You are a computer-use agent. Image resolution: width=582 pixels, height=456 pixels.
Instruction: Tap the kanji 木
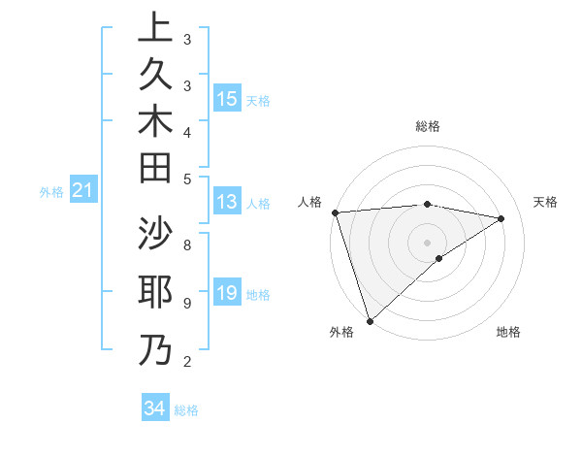[x=155, y=121]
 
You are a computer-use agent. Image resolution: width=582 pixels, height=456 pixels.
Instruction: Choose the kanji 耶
[x=155, y=292]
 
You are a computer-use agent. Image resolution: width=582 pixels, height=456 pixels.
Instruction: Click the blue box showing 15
[x=227, y=99]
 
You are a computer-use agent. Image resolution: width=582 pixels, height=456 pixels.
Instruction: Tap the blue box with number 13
[x=227, y=202]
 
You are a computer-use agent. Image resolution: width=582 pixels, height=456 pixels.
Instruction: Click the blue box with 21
[x=83, y=191]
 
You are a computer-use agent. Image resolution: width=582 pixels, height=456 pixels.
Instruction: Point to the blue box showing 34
[x=154, y=408]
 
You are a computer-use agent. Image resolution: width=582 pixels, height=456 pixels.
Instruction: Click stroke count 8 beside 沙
[x=186, y=244]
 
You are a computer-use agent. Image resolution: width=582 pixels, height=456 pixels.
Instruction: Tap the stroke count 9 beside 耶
[x=186, y=303]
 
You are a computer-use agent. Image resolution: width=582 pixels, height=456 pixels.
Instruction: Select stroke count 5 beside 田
[x=186, y=178]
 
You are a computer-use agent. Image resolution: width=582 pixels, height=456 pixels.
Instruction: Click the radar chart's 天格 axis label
[x=545, y=202]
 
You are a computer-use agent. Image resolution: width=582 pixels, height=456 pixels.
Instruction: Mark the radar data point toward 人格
[x=335, y=212]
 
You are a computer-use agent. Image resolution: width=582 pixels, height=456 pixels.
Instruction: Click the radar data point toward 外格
[x=370, y=320]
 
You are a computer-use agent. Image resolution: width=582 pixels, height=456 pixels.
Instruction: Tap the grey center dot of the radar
[x=427, y=242]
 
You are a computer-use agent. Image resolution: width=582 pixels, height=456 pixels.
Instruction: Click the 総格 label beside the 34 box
[x=186, y=410]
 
